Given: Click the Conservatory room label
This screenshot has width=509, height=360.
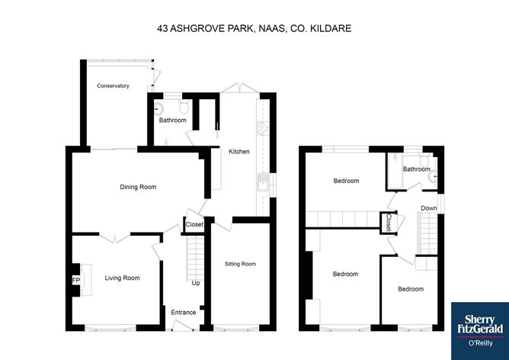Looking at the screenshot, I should coord(113,86).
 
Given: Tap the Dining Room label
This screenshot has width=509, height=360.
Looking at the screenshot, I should coord(138,186).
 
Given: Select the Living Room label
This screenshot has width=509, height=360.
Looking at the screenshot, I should coord(122,278).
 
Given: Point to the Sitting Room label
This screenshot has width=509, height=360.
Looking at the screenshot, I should coord(240,264).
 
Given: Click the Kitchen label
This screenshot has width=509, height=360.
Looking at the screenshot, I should coord(239,152).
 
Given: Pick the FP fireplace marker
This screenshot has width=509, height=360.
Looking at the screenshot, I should coord(75,281).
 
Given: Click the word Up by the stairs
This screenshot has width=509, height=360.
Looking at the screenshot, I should coord(195,283).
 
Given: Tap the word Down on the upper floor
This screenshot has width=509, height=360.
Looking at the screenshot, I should coord(429,208).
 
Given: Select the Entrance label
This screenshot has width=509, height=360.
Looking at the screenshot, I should coord(184,312).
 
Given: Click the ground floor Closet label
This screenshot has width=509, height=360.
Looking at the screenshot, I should coord(194,224).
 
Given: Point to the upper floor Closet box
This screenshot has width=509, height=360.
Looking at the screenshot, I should coord(389,222).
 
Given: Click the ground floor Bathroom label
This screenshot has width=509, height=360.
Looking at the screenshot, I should coord(172,120).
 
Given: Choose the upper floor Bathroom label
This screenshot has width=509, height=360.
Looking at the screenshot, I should coord(416,169).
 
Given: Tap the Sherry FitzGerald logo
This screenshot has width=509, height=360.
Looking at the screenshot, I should coord(479,324).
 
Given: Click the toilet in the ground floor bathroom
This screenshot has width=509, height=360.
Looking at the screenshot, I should coord(158,108).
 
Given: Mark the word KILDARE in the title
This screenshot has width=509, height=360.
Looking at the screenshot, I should coord(332,28).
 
